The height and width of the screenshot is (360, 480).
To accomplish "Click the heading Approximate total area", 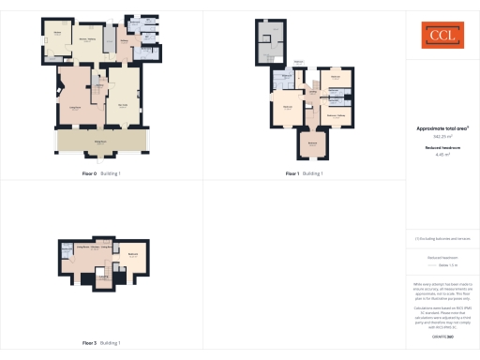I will click(x=442, y=128).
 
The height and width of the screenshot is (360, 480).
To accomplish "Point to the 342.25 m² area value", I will click(x=441, y=137).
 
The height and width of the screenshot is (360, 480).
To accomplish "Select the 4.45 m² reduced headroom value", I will click(x=442, y=155).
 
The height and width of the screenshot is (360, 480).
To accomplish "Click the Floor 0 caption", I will click(x=92, y=173).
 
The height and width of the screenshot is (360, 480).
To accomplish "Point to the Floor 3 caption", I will click(x=92, y=343).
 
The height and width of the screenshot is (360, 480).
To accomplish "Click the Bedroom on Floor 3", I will click(x=133, y=255).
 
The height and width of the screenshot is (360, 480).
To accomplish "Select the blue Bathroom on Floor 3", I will click(x=68, y=249).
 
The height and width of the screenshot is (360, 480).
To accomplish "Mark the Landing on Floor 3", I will click(x=101, y=277).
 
